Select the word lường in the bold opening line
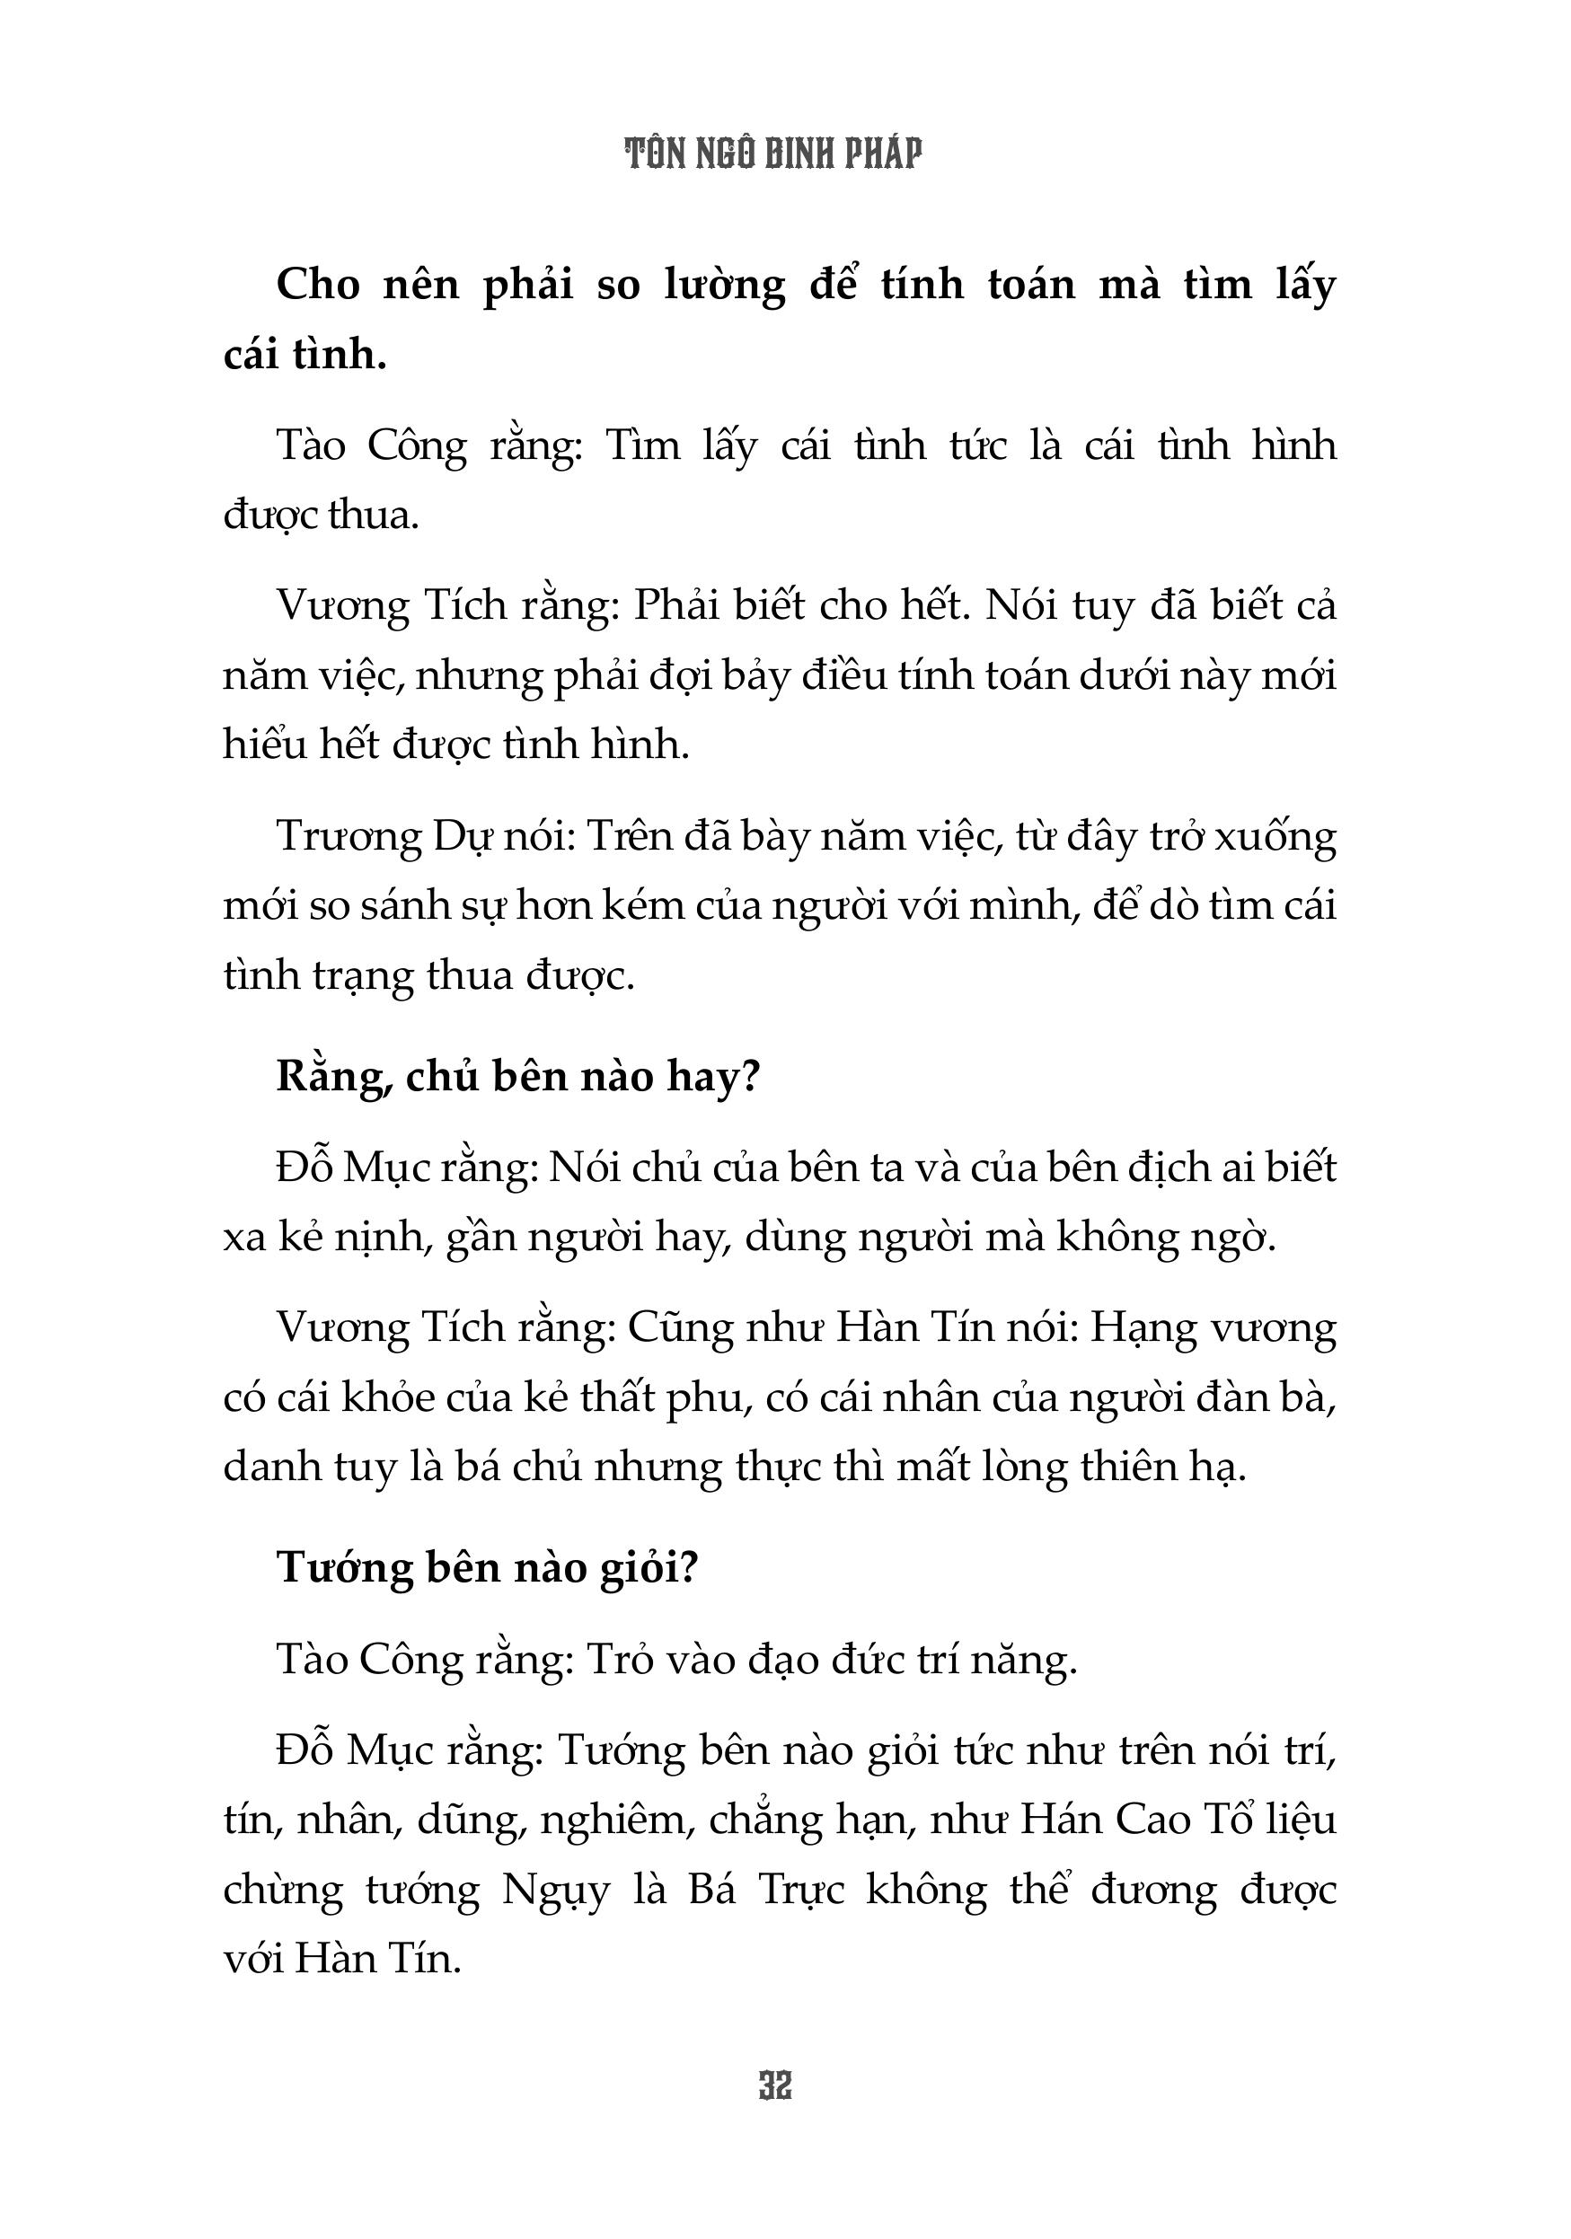tap(725, 286)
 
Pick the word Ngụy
tap(556, 1891)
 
